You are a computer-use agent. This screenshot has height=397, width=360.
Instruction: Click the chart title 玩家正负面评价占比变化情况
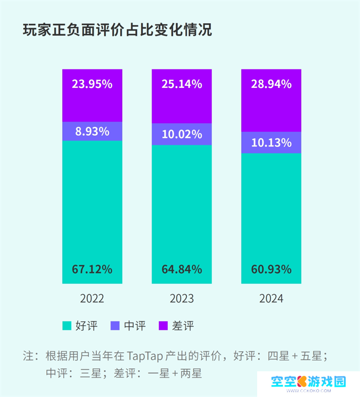[x=118, y=30]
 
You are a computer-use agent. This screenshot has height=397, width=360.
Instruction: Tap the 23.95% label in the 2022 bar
[x=92, y=84]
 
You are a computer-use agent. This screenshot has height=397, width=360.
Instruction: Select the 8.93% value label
[x=92, y=131]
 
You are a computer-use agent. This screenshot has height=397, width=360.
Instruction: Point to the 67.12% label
[x=92, y=269]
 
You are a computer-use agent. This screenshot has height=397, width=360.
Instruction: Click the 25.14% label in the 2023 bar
[x=182, y=84]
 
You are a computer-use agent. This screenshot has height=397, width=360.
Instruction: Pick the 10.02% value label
[x=182, y=135]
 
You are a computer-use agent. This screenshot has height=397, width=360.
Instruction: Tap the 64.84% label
[x=182, y=269]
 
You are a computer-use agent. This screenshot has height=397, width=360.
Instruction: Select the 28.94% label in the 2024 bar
[x=272, y=84]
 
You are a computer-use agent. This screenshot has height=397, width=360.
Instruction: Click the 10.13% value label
[x=272, y=142]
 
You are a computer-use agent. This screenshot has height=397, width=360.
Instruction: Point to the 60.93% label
[x=272, y=269]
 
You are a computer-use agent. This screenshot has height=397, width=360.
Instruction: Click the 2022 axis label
[x=92, y=299]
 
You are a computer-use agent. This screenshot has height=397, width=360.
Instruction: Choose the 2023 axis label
[x=182, y=299]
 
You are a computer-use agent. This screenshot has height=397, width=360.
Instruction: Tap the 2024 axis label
[x=272, y=299]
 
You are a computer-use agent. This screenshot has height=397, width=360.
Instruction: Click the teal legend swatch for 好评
[x=66, y=326]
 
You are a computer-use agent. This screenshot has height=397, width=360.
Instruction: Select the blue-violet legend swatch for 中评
[x=115, y=326]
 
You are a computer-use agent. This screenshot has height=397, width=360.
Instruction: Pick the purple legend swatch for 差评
[x=163, y=326]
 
